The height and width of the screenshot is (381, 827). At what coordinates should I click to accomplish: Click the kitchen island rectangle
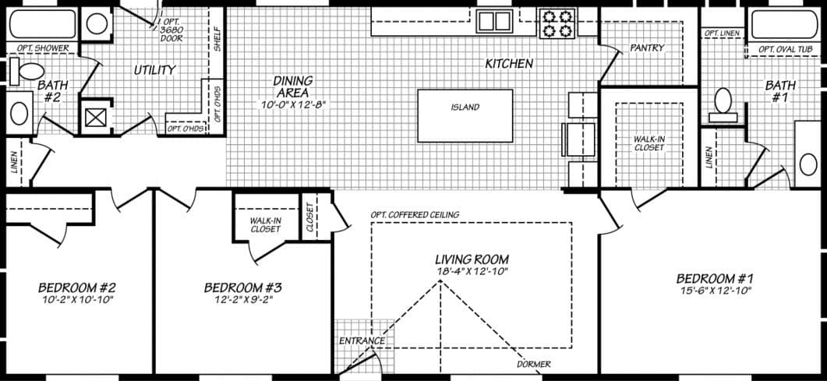coord(465,115)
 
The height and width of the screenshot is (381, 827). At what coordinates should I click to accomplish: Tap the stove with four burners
coord(556,23)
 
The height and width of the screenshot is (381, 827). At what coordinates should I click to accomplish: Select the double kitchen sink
coord(493,20)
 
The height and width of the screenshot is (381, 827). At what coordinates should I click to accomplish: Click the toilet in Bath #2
coord(29,71)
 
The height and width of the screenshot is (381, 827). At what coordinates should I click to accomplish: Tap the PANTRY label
coord(647,48)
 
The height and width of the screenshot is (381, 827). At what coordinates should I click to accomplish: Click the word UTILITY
coord(154,70)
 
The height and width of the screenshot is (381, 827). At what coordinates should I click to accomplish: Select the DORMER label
coord(533,364)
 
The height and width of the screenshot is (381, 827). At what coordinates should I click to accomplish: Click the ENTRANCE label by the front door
coord(362,341)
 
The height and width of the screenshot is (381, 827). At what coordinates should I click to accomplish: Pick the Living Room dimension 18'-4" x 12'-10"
coord(472,271)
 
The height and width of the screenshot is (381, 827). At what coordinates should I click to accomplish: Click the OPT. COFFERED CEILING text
coord(415,215)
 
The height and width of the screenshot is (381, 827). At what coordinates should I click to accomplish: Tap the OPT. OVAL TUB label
coord(785,49)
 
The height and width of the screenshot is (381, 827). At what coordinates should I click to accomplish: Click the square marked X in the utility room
coord(96,118)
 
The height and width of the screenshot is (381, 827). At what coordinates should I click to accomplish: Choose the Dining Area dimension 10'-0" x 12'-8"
coord(292,103)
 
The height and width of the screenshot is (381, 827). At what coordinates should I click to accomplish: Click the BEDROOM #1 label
coord(715,278)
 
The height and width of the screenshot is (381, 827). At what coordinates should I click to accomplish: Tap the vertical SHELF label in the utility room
coord(217,39)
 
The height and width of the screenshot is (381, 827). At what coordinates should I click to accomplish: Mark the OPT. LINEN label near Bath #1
coord(723,34)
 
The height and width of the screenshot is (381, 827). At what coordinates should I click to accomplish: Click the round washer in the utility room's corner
coord(97,23)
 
